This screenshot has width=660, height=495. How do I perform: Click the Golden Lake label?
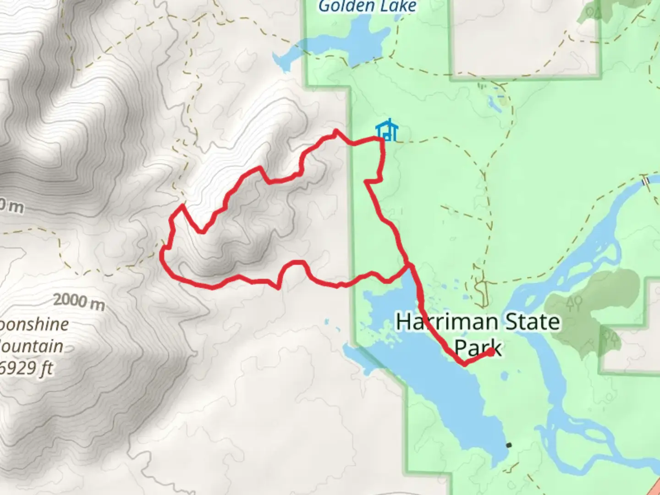pos(368,6)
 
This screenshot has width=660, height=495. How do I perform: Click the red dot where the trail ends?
pos(490,352)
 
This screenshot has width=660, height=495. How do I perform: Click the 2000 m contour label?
pos(79,301)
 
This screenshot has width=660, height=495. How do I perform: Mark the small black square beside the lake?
pos(508,445)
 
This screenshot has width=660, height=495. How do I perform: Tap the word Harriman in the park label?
pos(440,322)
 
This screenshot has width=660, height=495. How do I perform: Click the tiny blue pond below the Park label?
pos(504,377)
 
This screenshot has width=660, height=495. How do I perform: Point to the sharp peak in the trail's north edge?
pos(336,131)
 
